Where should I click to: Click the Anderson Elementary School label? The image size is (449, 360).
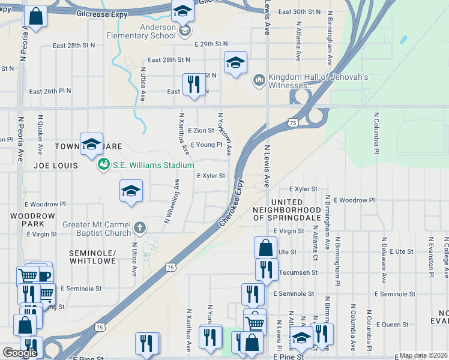(157, 31)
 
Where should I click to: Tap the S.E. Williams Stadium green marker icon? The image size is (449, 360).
(103, 164)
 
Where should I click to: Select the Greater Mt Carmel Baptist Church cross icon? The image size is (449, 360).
(139, 227)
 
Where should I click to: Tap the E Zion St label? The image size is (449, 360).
(200, 130)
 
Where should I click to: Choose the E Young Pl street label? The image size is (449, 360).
(206, 145)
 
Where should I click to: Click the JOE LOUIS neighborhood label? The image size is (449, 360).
(56, 165)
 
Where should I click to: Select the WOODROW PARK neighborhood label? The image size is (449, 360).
(28, 219)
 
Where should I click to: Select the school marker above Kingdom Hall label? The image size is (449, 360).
(235, 62)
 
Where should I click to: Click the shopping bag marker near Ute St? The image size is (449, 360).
(265, 247)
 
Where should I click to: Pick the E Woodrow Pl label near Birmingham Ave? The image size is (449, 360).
(354, 200)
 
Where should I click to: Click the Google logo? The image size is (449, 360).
(20, 353)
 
